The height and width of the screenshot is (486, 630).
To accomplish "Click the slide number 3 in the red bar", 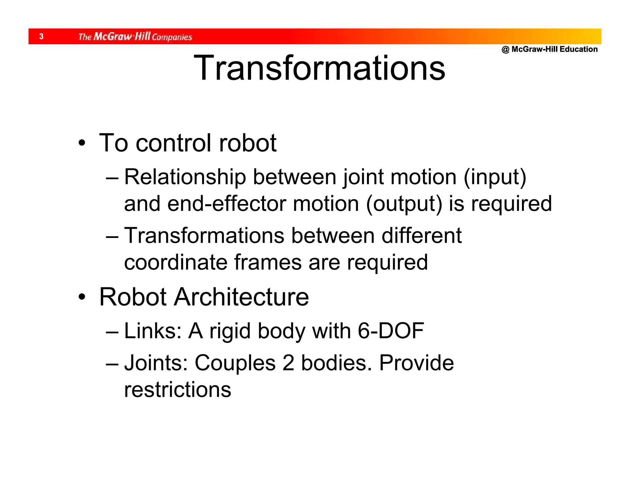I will (42, 37).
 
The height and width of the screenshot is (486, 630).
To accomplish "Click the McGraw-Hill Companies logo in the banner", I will (135, 37).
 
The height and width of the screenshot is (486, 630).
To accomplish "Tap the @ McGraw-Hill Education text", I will (549, 49).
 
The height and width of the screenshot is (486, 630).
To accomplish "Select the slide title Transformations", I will (319, 68).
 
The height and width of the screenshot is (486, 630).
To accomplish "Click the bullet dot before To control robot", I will (82, 143).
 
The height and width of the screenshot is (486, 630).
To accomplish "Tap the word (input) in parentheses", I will (495, 177).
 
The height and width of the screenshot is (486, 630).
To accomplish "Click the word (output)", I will (404, 204).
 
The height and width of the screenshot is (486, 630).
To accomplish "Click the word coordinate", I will (175, 263).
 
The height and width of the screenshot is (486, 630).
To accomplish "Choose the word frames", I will (268, 263).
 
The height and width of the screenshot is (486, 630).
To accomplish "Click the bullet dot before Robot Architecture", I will (82, 297).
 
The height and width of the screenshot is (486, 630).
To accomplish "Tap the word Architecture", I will (241, 297).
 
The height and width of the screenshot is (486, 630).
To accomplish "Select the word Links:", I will (153, 331).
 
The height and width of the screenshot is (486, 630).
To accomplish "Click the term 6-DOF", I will (391, 331).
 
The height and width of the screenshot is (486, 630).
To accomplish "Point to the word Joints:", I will (156, 363).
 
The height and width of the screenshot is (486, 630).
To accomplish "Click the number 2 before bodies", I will (288, 363).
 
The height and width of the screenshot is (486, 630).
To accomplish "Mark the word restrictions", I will (177, 390).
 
